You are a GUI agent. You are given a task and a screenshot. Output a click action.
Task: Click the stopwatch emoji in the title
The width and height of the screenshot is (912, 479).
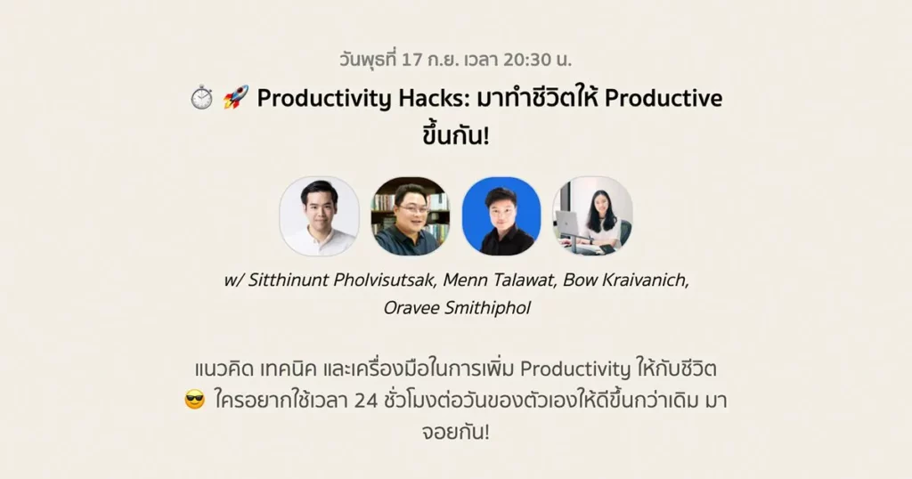point(202,97)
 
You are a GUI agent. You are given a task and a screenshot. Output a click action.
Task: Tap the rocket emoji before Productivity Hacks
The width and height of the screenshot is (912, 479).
point(236,97)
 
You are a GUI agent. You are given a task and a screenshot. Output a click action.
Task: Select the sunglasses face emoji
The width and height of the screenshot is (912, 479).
point(195,400)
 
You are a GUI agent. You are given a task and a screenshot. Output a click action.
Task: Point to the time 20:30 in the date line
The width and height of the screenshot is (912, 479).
point(527,60)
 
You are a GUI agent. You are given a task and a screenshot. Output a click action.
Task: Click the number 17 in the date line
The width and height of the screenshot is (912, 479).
point(411,60)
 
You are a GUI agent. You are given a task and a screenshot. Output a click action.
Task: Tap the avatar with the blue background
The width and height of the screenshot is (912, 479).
point(501,216)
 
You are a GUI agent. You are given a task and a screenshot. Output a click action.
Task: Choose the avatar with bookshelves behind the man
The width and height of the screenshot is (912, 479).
point(410,216)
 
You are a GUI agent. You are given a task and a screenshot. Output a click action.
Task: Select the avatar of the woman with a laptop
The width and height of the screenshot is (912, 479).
point(592,216)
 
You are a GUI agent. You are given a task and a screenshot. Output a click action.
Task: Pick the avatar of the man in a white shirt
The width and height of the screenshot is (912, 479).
point(319,216)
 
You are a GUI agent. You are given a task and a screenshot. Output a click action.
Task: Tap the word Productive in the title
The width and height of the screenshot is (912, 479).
point(664,98)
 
